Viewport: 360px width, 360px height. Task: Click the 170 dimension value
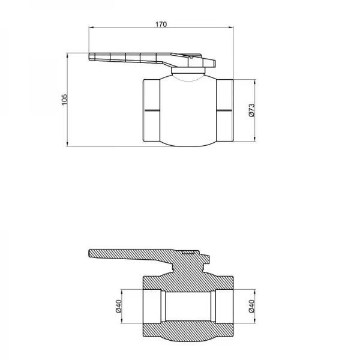pos(160,24)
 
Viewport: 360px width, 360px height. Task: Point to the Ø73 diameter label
pos(252,110)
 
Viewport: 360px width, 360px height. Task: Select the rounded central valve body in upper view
pos(188,111)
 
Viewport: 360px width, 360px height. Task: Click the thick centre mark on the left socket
pos(152,110)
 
